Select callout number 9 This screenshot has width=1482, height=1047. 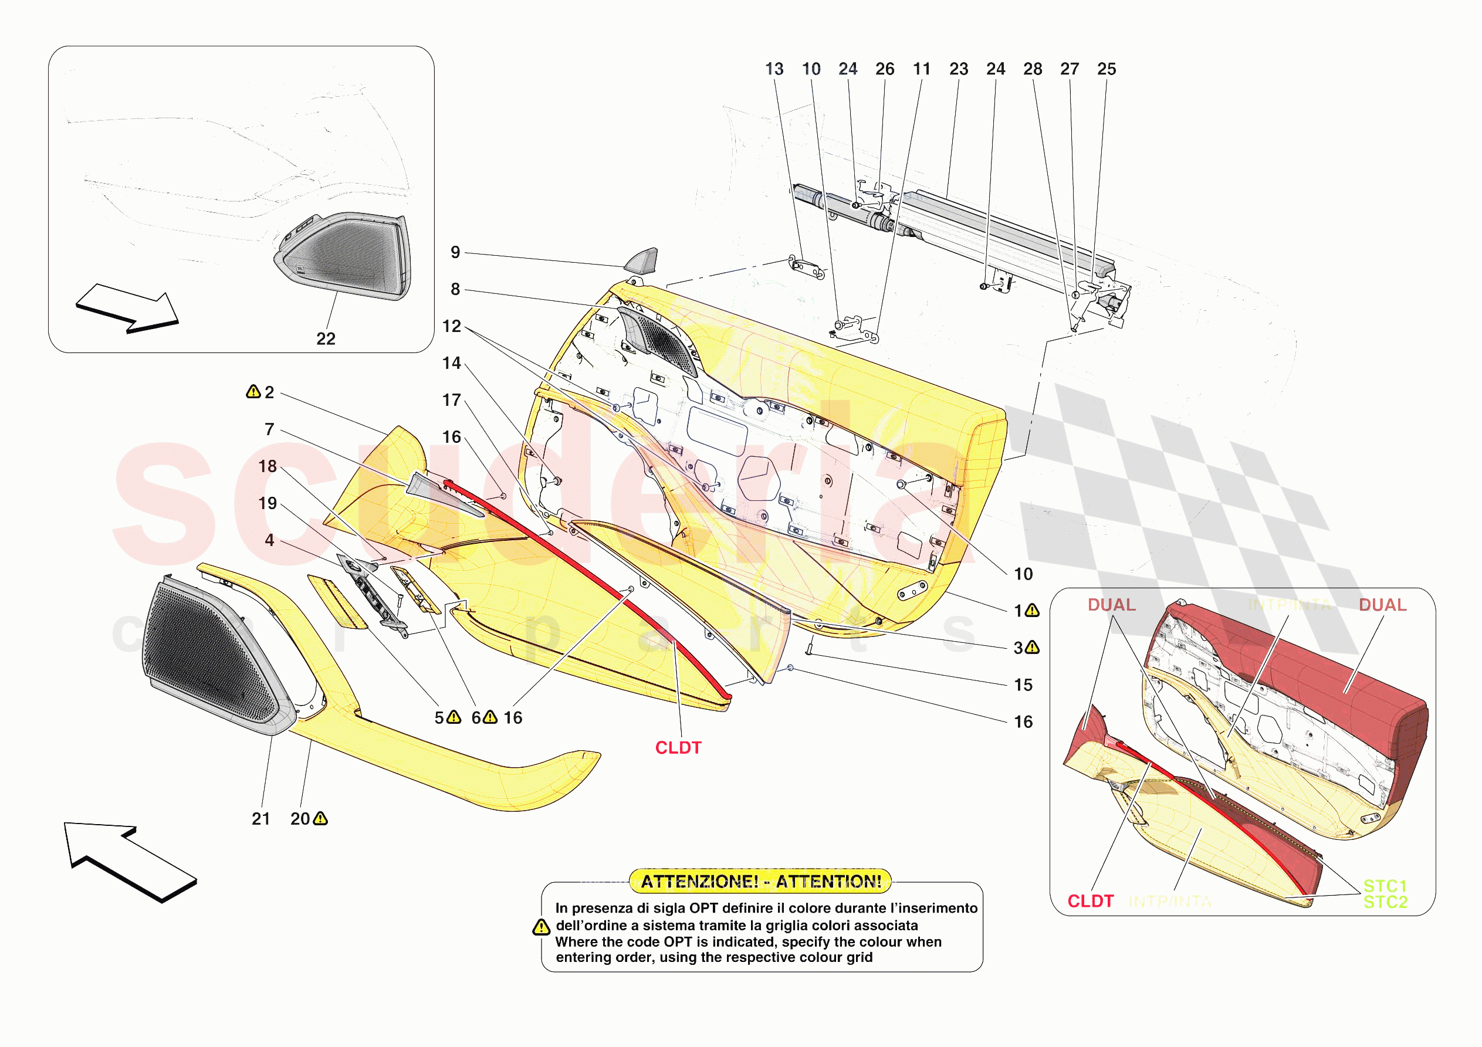(x=455, y=252)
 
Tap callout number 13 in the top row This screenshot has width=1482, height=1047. (x=774, y=69)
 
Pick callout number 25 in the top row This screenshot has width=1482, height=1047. (x=1107, y=69)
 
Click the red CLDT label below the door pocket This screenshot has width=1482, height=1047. (x=678, y=747)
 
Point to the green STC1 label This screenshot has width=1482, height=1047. (x=1385, y=886)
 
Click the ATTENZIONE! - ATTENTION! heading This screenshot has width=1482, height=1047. (x=760, y=881)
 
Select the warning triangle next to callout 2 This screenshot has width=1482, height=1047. (x=253, y=392)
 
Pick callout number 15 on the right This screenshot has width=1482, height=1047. (x=1023, y=685)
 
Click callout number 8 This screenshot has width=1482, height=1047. (x=455, y=289)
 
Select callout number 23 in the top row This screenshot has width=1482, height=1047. (x=959, y=69)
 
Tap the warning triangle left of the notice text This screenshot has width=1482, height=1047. (x=541, y=927)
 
